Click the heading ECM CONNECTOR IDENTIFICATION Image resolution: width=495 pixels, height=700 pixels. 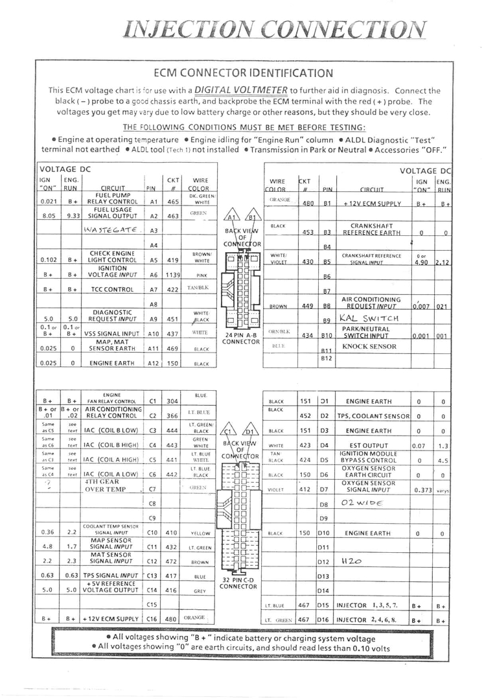(244, 73)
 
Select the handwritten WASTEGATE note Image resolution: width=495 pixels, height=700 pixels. (110, 229)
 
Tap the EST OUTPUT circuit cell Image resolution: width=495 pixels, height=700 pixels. (369, 445)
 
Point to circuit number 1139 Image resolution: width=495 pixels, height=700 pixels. (173, 274)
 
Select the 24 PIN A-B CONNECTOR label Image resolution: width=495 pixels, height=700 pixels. (241, 338)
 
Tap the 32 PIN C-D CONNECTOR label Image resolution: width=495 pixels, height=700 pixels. (238, 583)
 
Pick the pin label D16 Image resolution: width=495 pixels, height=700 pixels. (324, 620)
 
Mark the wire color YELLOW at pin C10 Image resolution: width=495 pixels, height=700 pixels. (200, 533)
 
